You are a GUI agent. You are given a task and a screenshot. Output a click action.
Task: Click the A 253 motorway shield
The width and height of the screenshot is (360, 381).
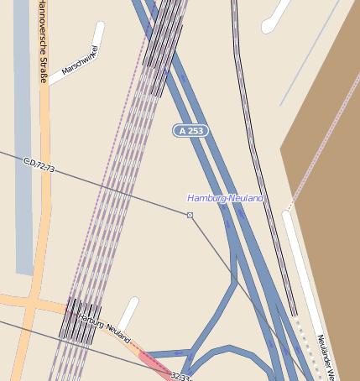pyautogui.click(x=190, y=130)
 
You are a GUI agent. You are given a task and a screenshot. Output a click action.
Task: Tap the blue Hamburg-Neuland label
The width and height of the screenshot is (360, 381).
pyautogui.click(x=225, y=198)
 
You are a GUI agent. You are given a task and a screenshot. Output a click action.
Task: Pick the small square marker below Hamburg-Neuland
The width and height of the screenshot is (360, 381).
pyautogui.click(x=190, y=216)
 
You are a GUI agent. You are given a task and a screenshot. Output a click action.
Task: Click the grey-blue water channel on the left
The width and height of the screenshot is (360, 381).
pyautogui.click(x=23, y=168)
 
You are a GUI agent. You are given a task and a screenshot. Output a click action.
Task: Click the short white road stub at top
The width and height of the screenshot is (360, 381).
pyautogui.click(x=275, y=18)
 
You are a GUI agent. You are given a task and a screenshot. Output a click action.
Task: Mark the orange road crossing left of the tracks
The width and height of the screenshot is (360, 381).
pyautogui.click(x=32, y=305)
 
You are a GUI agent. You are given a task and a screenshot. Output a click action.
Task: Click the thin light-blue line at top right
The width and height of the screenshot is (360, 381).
pyautogui.click(x=310, y=50)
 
